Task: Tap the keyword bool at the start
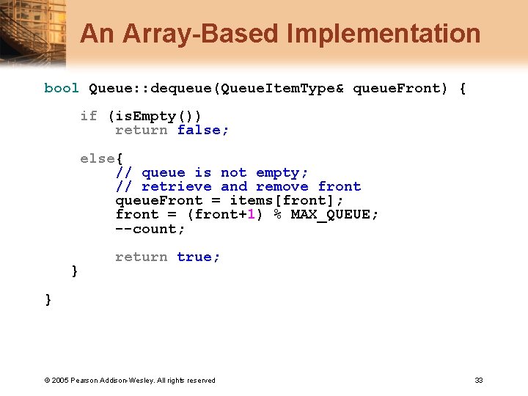[x=62, y=88]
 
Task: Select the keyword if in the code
[x=89, y=116]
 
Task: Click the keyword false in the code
[x=202, y=130]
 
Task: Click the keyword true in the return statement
[x=198, y=257]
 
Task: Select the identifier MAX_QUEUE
[x=334, y=214]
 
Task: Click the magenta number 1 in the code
[x=250, y=214]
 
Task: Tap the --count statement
[x=150, y=229]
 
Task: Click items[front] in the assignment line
[x=286, y=200]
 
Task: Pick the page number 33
[x=479, y=380]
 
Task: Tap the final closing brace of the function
[x=48, y=299]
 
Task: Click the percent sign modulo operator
[x=278, y=214]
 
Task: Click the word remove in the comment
[x=282, y=186]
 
